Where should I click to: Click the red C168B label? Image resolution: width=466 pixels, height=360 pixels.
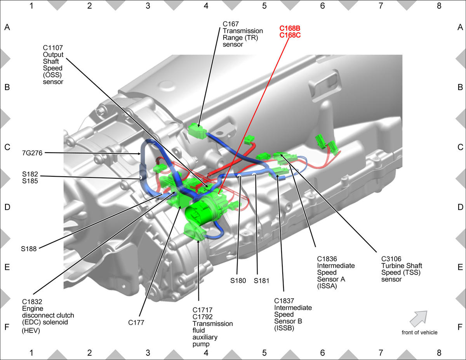pos(290,28)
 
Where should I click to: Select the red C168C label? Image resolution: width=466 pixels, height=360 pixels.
pos(290,35)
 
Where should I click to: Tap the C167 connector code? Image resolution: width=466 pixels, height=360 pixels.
pos(231,24)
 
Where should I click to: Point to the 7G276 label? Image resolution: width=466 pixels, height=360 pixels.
pos(32,153)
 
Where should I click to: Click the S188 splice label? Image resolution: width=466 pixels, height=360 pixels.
pos(29,249)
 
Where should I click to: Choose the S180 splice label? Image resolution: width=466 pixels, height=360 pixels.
pos(238,280)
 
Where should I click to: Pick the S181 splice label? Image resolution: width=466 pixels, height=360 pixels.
pos(261,280)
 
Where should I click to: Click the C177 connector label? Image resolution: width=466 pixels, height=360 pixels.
pos(136,322)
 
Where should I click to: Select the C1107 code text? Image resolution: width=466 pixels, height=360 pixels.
pos(53,48)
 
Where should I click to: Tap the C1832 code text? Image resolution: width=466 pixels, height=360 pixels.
pos(32,301)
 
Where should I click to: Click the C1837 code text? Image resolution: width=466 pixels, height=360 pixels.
pos(284,301)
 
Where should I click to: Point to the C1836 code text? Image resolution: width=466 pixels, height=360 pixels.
pos(327,259)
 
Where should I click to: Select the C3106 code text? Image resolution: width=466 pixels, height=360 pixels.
pos(391,259)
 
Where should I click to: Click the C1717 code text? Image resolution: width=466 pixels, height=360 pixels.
pos(202,310)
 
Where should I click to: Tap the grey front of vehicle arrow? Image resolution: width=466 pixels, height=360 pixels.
pos(419,318)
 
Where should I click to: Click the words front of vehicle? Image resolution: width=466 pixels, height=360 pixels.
pos(419,332)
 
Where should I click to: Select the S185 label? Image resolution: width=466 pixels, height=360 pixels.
pos(30,181)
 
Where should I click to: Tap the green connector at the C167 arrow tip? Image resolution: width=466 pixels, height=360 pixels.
pos(197,131)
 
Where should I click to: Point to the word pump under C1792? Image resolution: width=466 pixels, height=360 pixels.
pos(201,344)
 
